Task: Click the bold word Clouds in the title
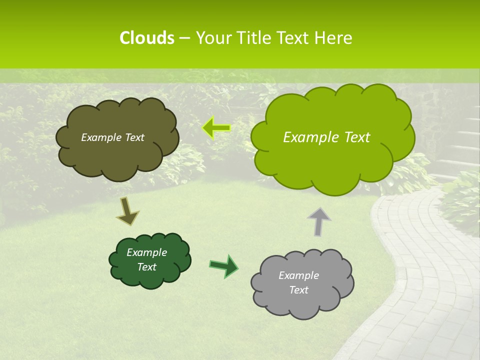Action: (x=146, y=38)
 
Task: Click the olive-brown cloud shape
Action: (x=117, y=155)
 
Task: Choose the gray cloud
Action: (x=302, y=305)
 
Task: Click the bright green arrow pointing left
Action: (x=216, y=128)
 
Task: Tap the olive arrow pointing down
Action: (x=127, y=211)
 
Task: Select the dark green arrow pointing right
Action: (x=224, y=265)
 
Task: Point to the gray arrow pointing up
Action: (x=319, y=221)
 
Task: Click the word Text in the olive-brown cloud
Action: (x=133, y=137)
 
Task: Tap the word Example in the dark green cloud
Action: (x=146, y=252)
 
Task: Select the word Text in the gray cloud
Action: (x=298, y=290)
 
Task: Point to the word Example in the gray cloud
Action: (x=298, y=275)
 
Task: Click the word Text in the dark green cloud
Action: (x=146, y=267)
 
